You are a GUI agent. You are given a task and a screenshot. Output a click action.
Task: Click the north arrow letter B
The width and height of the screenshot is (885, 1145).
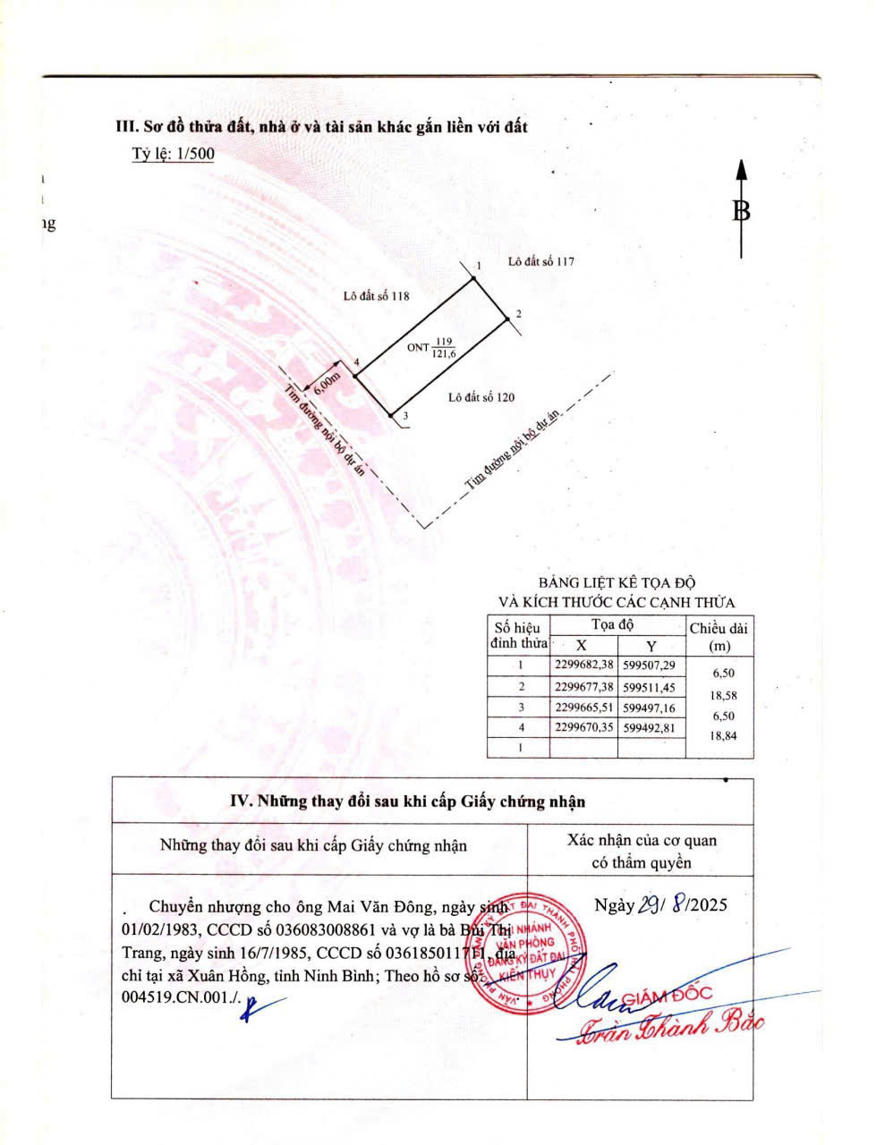(741, 211)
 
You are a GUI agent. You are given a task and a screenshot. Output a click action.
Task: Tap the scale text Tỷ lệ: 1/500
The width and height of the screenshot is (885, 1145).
(173, 154)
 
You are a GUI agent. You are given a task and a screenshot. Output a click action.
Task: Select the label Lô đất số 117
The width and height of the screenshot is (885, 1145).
(540, 262)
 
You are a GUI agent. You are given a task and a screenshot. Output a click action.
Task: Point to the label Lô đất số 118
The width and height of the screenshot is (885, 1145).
(376, 296)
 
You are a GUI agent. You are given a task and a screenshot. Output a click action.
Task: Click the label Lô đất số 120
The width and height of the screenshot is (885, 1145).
(481, 397)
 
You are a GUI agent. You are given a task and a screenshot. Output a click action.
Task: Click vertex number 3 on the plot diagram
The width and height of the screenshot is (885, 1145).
(404, 416)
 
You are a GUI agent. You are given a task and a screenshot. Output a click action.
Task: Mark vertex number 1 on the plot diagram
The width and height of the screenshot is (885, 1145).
(480, 266)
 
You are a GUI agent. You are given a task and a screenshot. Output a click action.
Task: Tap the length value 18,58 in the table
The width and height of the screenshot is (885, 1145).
(721, 694)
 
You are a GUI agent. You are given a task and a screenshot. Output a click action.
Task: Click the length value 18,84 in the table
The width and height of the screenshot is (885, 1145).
(721, 736)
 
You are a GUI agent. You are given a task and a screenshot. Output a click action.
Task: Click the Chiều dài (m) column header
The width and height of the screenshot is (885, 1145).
(719, 637)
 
